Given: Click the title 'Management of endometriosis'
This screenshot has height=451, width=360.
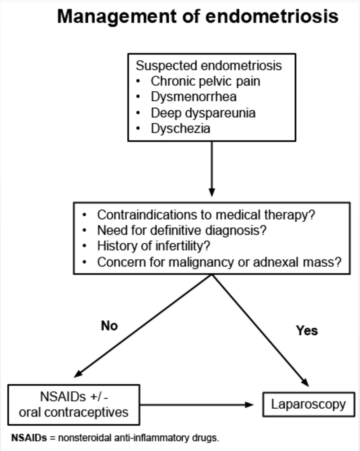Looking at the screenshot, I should click(198, 17).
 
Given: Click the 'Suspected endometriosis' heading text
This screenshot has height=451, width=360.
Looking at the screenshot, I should click(209, 66).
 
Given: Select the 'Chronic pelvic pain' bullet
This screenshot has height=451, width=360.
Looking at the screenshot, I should click(205, 81).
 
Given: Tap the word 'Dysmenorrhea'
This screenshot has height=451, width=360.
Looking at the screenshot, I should click(193, 97).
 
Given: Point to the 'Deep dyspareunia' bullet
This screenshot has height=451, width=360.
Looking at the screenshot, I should click(203, 113).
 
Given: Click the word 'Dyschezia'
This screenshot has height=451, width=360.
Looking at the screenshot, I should click(180, 128).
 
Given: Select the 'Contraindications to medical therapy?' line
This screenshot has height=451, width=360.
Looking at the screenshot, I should click(206, 215).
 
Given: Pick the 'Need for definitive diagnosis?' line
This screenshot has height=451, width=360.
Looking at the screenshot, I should click(182, 230).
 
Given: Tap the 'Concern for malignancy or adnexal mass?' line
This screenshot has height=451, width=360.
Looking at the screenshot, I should click(219, 262).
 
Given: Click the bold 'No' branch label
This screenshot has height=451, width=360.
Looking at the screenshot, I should click(109, 326).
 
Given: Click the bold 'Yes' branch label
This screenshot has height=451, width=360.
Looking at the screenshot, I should click(307, 330).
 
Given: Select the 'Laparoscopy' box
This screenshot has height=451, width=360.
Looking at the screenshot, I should click(308, 404).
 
